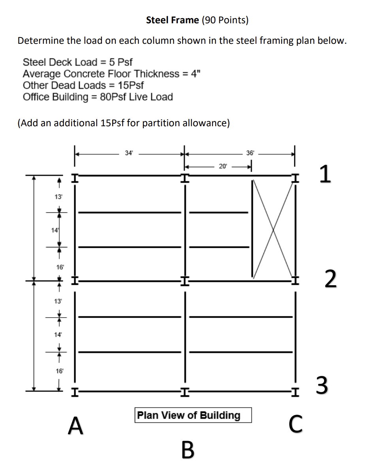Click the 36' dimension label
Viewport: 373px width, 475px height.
(x=251, y=153)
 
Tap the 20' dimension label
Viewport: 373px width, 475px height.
(x=222, y=166)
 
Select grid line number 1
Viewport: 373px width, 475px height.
(x=324, y=175)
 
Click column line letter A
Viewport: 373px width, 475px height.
(x=75, y=426)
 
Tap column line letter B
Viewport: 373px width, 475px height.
(x=188, y=450)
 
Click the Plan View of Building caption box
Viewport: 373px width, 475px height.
(x=193, y=415)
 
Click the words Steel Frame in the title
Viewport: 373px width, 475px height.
(x=172, y=20)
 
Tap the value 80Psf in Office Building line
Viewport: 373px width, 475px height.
(x=113, y=97)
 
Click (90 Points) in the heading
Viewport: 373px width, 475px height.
(x=225, y=20)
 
